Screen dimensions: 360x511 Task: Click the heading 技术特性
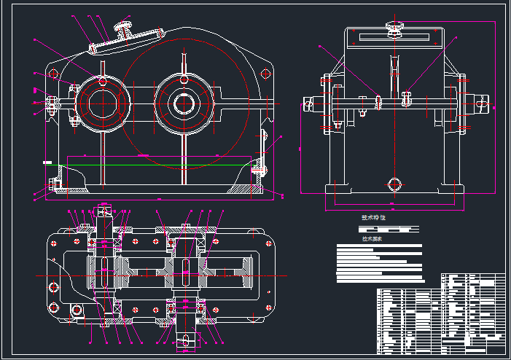373,217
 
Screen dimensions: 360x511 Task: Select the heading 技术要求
372,238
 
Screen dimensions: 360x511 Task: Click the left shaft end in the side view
311,104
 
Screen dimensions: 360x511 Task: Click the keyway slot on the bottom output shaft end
187,338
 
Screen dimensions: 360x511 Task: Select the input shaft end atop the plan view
104,212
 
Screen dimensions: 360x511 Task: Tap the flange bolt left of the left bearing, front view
53,103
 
